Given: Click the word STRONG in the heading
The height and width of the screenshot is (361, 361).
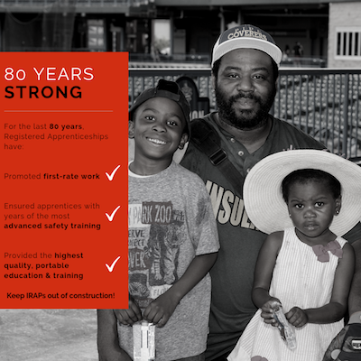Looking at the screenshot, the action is pos(43,92).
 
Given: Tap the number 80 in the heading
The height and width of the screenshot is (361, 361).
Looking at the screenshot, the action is pos(15,74).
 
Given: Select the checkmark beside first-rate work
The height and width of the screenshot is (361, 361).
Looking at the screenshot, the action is pos(113,172).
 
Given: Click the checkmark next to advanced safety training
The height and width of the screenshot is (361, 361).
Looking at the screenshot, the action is pos(113,213).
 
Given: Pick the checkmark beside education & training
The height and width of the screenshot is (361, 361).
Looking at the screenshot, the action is pos(113,264).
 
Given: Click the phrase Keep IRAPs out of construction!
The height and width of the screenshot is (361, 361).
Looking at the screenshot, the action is pos(60,296).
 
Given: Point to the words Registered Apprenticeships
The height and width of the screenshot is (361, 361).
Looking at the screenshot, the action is pos(56,136).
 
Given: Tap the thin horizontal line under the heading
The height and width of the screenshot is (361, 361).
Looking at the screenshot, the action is pos(59,111).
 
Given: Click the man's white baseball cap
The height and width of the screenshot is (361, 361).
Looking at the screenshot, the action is pos(246,44).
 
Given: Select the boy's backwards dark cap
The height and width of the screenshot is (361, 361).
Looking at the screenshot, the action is pos(161,99).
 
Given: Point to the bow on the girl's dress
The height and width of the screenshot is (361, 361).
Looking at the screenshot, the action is pos(327,250).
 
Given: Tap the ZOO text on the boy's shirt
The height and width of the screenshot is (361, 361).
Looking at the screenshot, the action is pos(162,213).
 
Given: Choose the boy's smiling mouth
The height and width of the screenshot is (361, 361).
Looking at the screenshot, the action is pos(157,141).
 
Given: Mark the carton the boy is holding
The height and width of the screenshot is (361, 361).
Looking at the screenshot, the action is pos(143,340).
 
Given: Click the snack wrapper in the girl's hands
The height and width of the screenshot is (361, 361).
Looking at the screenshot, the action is pos(283,326).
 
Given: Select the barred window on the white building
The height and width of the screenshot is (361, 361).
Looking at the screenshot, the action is pos(348,43).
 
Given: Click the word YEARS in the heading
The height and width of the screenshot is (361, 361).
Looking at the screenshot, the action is pos(63,74).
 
